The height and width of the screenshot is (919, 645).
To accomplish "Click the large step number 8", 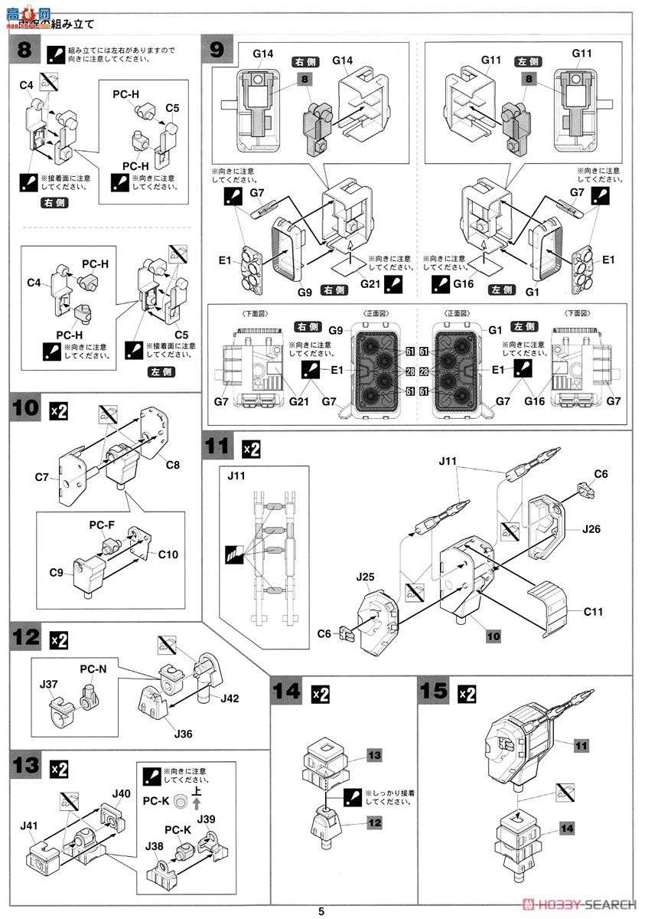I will (24, 51).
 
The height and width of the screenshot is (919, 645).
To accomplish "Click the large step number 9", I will (217, 51).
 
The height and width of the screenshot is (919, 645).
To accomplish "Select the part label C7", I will (41, 478).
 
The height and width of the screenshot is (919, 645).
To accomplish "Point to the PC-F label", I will (103, 525).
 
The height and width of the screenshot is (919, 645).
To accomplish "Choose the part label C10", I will (168, 554).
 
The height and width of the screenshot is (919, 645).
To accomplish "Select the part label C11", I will (595, 611).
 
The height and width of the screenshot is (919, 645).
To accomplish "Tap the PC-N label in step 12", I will (93, 668).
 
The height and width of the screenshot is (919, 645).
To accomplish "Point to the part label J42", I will (229, 698).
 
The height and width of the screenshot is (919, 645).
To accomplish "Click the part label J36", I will (184, 734).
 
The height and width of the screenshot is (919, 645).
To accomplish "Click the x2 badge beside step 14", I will (321, 695).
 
